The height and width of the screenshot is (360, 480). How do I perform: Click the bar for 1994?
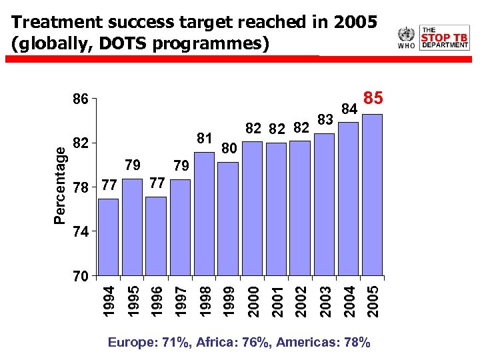(108, 237)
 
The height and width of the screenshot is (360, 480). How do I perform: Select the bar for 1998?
(204, 213)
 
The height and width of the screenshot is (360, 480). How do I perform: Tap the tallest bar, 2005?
(372, 195)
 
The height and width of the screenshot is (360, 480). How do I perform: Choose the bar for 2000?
(252, 208)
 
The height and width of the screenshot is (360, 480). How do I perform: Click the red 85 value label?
(373, 99)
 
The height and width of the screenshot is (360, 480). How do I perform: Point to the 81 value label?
(205, 139)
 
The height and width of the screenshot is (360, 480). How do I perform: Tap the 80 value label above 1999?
(229, 147)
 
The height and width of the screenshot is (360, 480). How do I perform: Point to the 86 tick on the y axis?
(80, 99)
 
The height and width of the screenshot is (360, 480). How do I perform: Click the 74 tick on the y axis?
(80, 231)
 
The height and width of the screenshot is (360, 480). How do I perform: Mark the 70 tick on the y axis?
(80, 275)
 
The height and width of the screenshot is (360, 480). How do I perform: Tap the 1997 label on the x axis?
(180, 300)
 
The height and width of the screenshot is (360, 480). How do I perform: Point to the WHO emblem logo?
(406, 37)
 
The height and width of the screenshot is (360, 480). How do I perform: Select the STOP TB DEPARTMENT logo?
(445, 37)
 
